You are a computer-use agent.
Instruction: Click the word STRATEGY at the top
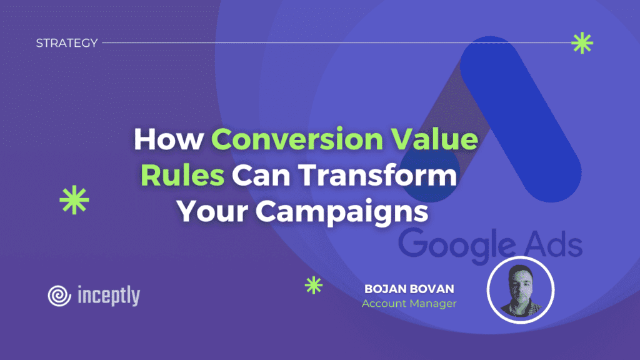tap(67, 43)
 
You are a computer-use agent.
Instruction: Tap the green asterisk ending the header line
tap(582, 43)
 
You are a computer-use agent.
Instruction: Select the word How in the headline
tap(169, 139)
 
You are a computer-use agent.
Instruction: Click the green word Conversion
tap(297, 139)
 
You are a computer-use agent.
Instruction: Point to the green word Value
tap(435, 139)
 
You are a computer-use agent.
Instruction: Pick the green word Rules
tap(182, 176)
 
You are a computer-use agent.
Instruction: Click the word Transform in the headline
tap(377, 176)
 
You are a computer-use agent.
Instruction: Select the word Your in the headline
tap(212, 211)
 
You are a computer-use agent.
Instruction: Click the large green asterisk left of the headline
tap(74, 200)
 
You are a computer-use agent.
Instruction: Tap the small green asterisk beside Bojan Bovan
tap(314, 285)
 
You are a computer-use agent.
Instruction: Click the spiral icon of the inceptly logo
tap(59, 296)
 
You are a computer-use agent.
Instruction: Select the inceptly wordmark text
tap(109, 296)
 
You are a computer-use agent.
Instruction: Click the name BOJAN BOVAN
tap(409, 289)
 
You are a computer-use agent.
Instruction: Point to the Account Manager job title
tap(409, 303)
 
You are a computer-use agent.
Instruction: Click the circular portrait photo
tap(521, 290)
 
